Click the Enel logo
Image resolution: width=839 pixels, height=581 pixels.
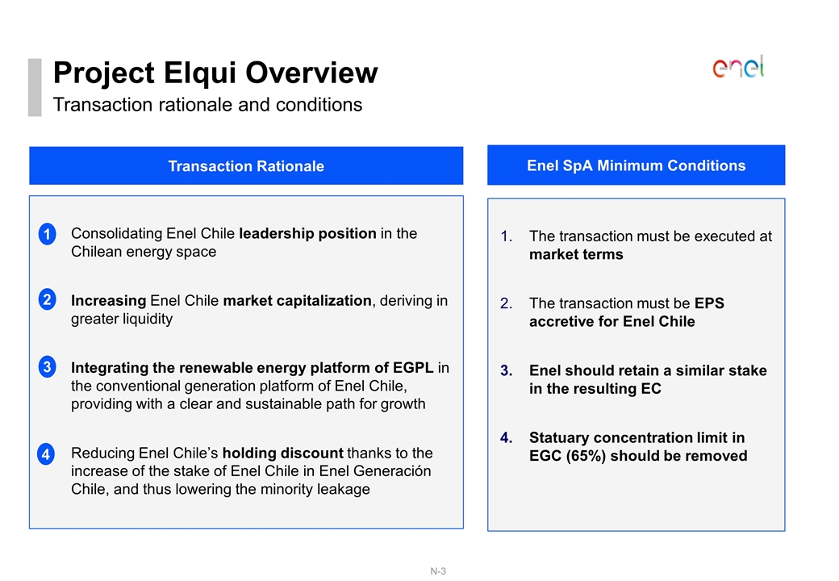click(x=738, y=67)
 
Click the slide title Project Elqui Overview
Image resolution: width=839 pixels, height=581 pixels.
click(x=215, y=73)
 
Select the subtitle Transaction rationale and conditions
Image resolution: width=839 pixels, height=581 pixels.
click(x=207, y=105)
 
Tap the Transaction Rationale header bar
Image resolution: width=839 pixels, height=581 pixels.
click(x=246, y=166)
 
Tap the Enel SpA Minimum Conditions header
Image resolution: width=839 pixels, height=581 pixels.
click(x=636, y=165)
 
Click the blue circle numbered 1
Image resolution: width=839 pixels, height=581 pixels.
click(x=48, y=235)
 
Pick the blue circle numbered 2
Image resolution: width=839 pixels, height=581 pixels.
click(x=48, y=300)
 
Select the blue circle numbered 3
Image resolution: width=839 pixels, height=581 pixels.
click(x=48, y=367)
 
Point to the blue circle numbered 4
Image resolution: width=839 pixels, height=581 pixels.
click(x=48, y=454)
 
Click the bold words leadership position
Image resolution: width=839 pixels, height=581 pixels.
click(x=307, y=233)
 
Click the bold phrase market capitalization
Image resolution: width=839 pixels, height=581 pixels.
click(x=296, y=300)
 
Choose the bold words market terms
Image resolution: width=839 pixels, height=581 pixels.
click(x=576, y=254)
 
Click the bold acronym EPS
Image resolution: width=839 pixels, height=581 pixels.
click(x=709, y=303)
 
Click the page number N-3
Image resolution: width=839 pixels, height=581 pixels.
click(x=438, y=571)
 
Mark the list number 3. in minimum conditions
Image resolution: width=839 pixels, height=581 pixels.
click(x=506, y=370)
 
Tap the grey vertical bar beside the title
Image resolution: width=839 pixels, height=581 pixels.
click(x=34, y=87)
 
